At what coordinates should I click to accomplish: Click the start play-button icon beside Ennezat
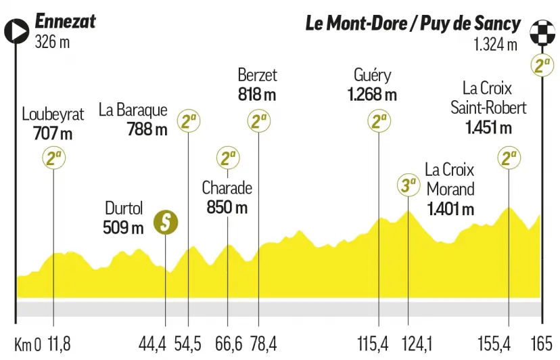pyautogui.click(x=16, y=31)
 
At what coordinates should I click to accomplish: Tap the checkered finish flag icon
pyautogui.click(x=542, y=32)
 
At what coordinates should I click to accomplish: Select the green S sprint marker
pyautogui.click(x=166, y=223)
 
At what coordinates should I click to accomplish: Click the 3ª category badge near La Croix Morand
pyautogui.click(x=409, y=185)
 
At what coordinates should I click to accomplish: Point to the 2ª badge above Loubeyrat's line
pyautogui.click(x=54, y=158)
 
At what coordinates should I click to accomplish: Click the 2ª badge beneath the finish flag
pyautogui.click(x=542, y=65)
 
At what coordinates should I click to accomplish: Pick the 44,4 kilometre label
pyautogui.click(x=152, y=344)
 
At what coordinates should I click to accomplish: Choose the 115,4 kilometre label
pyautogui.click(x=373, y=344)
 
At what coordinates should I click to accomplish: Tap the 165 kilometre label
pyautogui.click(x=542, y=344)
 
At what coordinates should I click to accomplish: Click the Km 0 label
pyautogui.click(x=28, y=344)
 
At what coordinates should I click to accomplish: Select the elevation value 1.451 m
pyautogui.click(x=488, y=127)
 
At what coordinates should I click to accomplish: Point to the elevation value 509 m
pyautogui.click(x=123, y=227)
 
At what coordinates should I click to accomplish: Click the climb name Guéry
pyautogui.click(x=373, y=75)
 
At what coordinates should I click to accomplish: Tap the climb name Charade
pyautogui.click(x=227, y=188)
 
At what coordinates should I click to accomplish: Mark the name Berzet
pyautogui.click(x=258, y=75)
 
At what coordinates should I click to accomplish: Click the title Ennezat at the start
pyautogui.click(x=66, y=21)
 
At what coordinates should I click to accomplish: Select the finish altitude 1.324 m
pyautogui.click(x=495, y=45)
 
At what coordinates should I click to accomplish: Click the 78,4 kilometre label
pyautogui.click(x=263, y=344)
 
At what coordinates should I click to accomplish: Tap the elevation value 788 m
pyautogui.click(x=147, y=129)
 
